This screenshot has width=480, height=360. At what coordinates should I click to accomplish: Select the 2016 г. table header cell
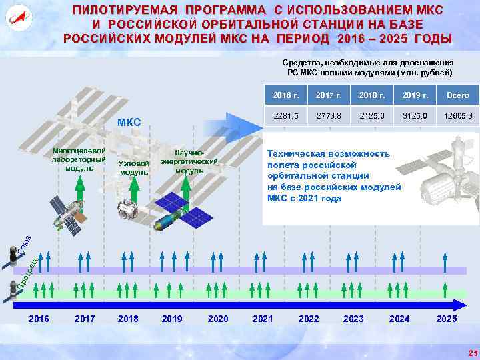(285, 95)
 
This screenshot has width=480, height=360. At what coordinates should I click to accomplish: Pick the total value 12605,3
(458, 115)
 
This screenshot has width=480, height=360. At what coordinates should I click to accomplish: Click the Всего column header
(458, 95)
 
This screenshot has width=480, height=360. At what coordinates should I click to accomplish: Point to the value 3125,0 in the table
(415, 115)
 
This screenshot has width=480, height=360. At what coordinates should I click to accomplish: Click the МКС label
(129, 122)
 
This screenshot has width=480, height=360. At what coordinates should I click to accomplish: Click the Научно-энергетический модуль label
(189, 161)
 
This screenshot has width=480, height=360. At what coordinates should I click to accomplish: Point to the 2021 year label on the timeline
(263, 319)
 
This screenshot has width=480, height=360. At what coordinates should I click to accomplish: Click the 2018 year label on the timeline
(128, 319)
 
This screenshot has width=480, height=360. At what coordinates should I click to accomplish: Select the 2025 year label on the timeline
(447, 319)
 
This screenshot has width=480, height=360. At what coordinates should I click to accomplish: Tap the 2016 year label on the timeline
(39, 319)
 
